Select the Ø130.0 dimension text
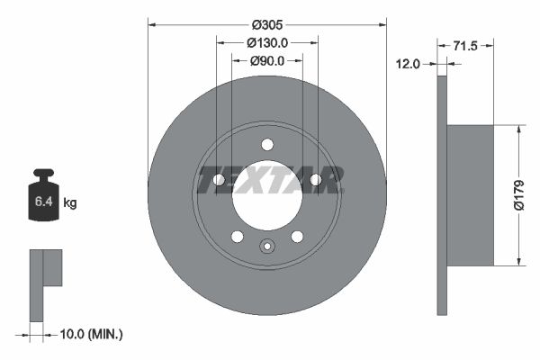(x=267, y=42)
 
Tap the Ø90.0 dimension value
(x=267, y=60)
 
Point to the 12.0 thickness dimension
(x=409, y=63)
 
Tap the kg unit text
(x=70, y=203)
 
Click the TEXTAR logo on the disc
(x=268, y=179)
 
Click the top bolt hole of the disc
(x=267, y=144)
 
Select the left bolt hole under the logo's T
(x=219, y=180)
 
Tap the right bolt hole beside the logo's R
(x=316, y=180)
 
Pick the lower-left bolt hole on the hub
(x=237, y=237)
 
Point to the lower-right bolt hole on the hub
(x=297, y=237)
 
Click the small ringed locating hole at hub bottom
(x=267, y=247)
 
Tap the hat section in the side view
(x=471, y=194)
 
